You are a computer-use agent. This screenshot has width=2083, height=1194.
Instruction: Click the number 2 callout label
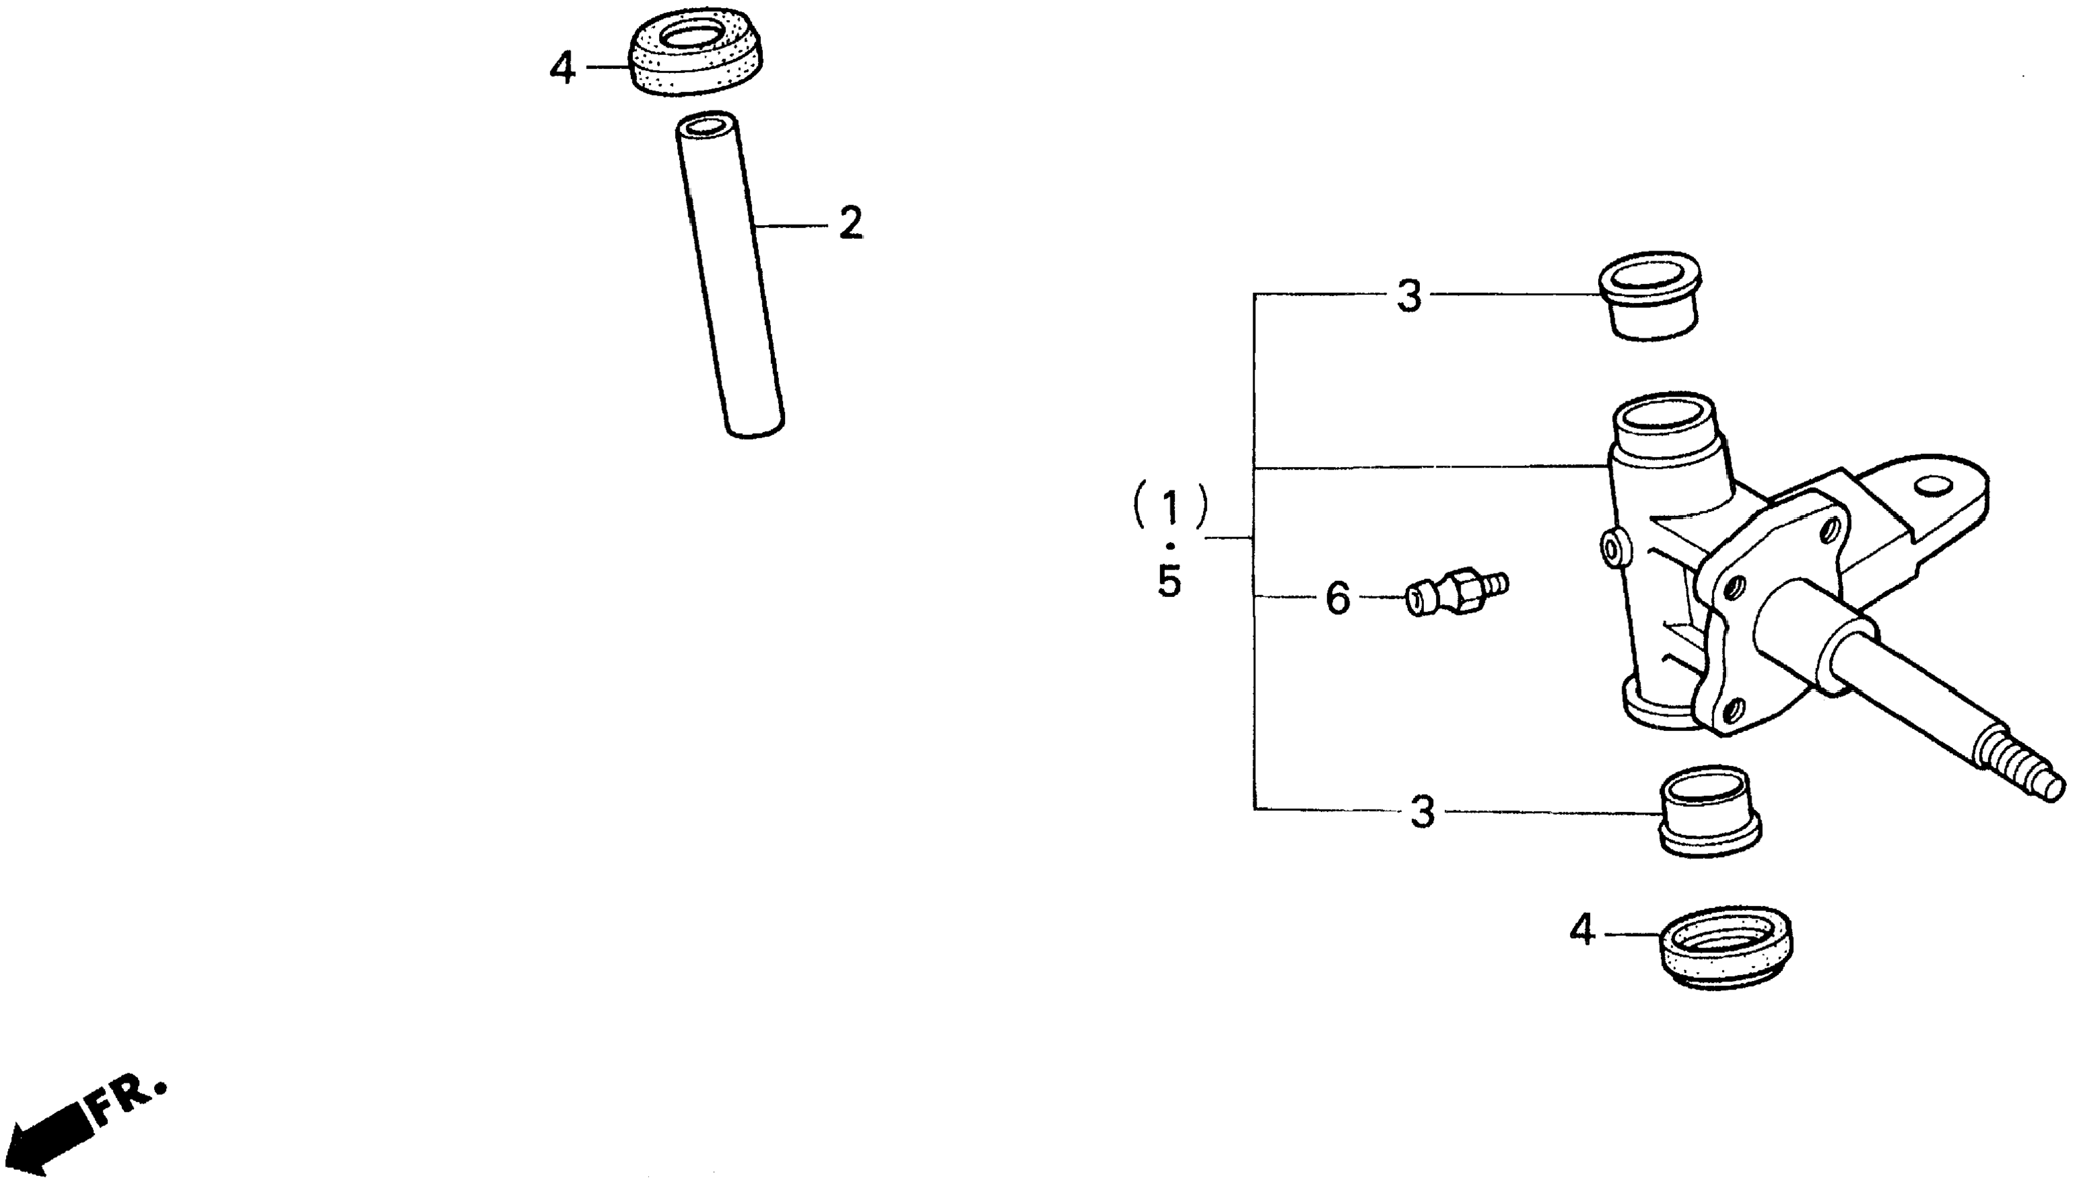(x=851, y=223)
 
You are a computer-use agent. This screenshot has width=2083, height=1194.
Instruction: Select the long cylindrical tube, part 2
(x=729, y=275)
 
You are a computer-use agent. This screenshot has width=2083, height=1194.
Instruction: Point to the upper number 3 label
(x=1409, y=297)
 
